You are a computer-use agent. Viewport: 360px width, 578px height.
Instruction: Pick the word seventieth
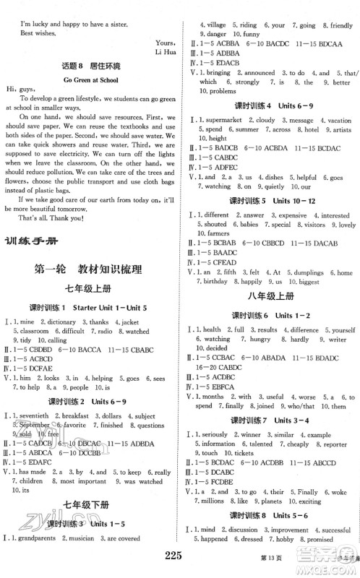click(37, 416)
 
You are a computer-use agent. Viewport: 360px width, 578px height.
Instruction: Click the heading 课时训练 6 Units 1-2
click(270, 316)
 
